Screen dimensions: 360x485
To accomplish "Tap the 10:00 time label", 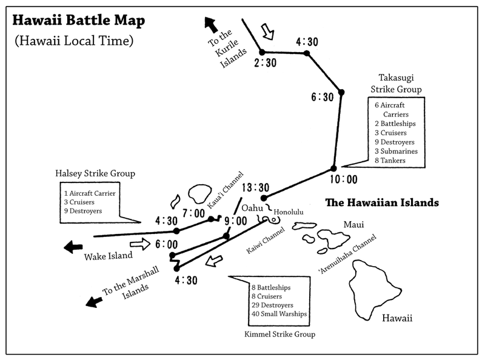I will [343, 179].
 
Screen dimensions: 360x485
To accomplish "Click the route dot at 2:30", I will [263, 52].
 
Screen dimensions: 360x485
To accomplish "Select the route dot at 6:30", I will [341, 92].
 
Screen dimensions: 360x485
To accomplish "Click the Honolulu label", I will [288, 212].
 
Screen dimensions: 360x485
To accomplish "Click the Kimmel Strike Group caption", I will [284, 334].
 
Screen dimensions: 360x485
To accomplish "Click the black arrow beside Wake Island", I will [73, 247].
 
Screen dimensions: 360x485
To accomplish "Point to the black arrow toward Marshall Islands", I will [93, 300].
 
